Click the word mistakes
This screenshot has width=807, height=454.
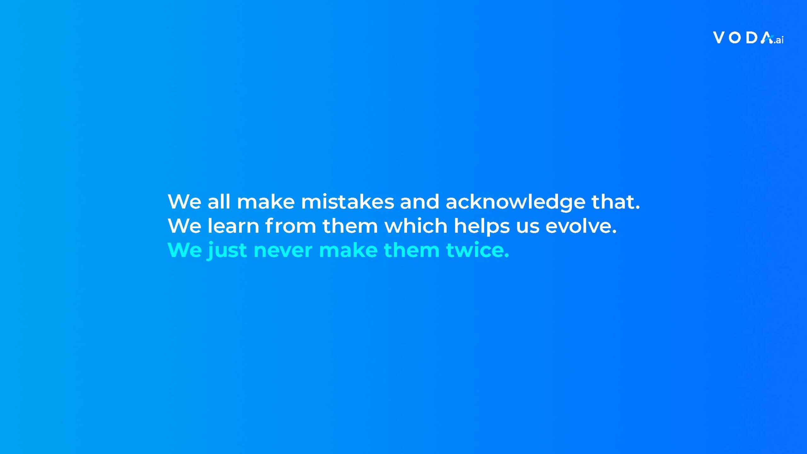click(347, 201)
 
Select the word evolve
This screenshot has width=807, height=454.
click(581, 226)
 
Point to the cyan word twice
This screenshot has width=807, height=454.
click(478, 250)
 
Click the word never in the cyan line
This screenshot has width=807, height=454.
click(283, 251)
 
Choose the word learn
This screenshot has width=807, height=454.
click(233, 226)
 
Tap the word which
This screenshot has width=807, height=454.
click(416, 226)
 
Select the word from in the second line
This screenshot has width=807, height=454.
click(291, 226)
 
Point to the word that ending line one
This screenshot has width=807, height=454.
click(616, 201)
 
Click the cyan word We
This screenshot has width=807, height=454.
click(184, 250)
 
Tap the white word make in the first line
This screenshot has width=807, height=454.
click(266, 201)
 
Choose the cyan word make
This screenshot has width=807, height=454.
click(348, 250)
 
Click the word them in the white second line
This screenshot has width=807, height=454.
click(350, 226)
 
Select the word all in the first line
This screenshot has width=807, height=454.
click(218, 201)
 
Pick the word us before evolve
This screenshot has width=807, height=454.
click(528, 228)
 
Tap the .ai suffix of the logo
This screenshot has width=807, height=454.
click(778, 40)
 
